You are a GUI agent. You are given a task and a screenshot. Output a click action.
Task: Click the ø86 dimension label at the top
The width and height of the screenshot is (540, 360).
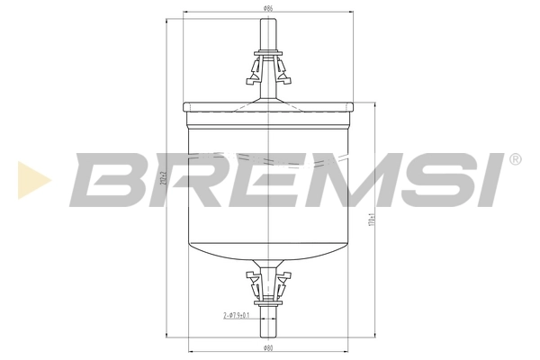pyautogui.click(x=268, y=8)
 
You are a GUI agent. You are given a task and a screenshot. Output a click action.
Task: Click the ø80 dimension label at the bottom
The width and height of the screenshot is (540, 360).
pyautogui.click(x=267, y=346)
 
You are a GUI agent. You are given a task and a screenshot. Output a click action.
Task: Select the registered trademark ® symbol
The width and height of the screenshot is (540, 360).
pyautogui.click(x=515, y=159)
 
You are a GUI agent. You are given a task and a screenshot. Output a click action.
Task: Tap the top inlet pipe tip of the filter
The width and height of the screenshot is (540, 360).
pyautogui.click(x=268, y=22)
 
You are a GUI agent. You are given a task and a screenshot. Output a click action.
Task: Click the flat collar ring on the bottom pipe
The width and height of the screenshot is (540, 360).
pyautogui.click(x=268, y=303)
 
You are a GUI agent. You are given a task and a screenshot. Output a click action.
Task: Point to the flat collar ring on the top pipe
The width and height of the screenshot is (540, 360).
pyautogui.click(x=268, y=52)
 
